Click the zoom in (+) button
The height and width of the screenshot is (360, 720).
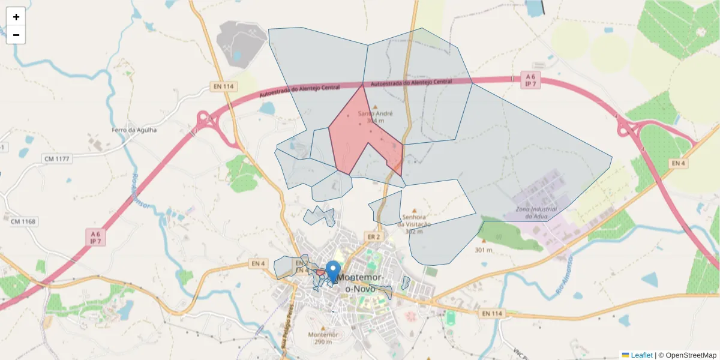[x=16, y=17]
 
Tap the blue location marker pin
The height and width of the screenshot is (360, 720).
[x=333, y=271]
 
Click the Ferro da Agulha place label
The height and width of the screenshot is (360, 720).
[x=134, y=130]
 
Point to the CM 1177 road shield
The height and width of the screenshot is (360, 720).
[x=57, y=158]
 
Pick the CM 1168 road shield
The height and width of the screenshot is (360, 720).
[x=23, y=222]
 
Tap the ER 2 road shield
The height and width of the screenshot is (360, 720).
[x=374, y=237]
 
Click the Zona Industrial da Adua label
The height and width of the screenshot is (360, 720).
[x=536, y=212]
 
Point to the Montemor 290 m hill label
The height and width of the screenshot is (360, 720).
[x=323, y=338]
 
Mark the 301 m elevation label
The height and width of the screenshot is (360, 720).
[x=483, y=250]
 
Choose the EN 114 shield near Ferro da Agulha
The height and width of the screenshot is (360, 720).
[x=223, y=86]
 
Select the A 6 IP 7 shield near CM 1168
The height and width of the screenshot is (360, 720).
[x=95, y=237]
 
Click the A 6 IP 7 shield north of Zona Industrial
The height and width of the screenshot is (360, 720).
[x=530, y=80]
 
